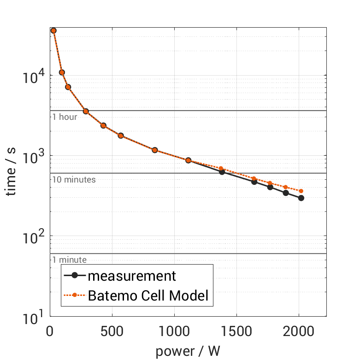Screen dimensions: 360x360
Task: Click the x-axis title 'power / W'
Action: click(188, 351)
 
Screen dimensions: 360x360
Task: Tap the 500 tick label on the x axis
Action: click(112, 331)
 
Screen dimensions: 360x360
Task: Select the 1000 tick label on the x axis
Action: click(174, 331)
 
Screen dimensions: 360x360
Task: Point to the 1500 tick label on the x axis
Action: click(236, 331)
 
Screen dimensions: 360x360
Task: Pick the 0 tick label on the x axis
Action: click(50, 331)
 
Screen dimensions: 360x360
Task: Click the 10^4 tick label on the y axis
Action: click(33, 76)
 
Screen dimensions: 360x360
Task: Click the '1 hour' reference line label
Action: click(65, 117)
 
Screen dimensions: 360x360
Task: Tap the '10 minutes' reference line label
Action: click(74, 180)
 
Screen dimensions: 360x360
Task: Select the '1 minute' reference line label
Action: click(69, 260)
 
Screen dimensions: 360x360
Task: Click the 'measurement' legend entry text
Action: click(132, 276)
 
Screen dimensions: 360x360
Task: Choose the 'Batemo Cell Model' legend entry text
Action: click(148, 296)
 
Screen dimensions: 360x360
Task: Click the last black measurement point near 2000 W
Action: click(301, 198)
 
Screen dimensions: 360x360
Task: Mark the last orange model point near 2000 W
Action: click(301, 191)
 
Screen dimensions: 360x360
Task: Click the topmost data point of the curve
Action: click(53, 30)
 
